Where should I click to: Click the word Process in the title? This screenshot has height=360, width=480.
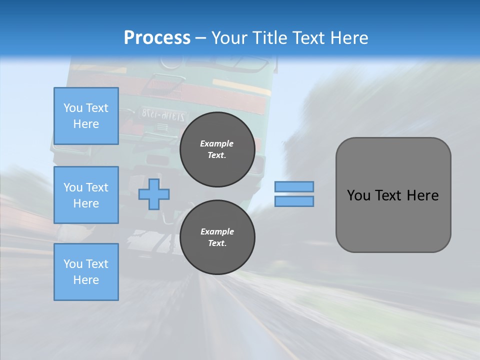click(x=157, y=38)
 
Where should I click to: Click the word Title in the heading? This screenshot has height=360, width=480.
click(x=269, y=38)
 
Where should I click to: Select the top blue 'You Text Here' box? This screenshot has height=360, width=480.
click(x=86, y=116)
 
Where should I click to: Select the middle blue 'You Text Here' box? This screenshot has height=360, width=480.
click(x=86, y=195)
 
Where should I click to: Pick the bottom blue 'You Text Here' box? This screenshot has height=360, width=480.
click(x=86, y=272)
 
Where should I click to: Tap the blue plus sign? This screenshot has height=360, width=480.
click(x=154, y=194)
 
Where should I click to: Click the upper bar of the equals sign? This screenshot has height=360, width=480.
click(x=294, y=186)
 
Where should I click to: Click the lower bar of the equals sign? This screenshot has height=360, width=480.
click(x=294, y=201)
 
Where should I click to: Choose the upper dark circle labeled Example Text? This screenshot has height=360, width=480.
click(x=217, y=149)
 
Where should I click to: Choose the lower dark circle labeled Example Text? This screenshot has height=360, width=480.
click(x=217, y=237)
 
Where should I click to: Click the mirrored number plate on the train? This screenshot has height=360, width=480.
click(x=162, y=113)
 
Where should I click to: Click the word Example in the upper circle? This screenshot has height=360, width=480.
click(x=217, y=143)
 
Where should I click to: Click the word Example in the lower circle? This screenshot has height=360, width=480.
click(x=217, y=231)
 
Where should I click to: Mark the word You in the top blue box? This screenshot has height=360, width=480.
click(x=72, y=108)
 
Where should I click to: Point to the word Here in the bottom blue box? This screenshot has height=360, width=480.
click(x=86, y=280)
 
